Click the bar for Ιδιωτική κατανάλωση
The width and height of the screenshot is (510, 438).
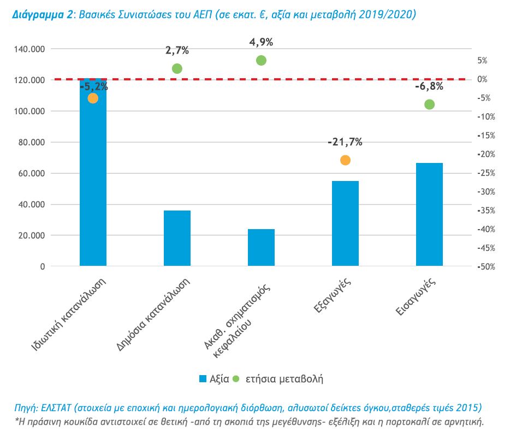click(x=93, y=180)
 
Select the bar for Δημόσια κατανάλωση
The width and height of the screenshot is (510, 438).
click(x=177, y=238)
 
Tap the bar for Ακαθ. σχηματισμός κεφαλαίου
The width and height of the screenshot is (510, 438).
click(x=261, y=248)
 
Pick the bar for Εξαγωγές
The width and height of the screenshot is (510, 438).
click(x=345, y=224)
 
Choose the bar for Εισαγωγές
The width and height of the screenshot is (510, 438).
click(x=429, y=214)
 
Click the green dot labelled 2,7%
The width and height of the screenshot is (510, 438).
click(x=177, y=68)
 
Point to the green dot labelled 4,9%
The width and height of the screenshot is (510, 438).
click(x=261, y=60)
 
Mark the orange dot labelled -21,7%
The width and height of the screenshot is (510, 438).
click(x=345, y=160)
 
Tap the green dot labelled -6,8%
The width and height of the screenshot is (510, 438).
click(x=429, y=104)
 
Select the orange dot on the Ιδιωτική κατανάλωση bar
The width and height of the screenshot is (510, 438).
click(x=93, y=98)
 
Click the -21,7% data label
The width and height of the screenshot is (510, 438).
click(x=345, y=142)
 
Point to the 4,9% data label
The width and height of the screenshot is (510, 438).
click(x=261, y=42)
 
